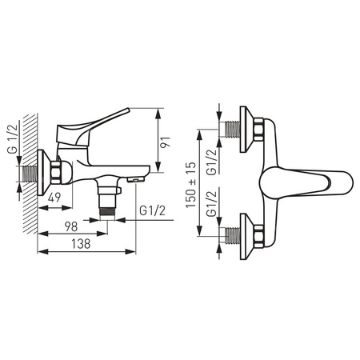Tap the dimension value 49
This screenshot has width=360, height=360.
click(54, 197)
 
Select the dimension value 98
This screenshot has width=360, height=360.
click(71, 227)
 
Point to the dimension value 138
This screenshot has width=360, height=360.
click(81, 244)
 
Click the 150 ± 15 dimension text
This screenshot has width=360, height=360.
click(190, 185)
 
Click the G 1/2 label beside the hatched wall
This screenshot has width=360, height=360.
click(13, 138)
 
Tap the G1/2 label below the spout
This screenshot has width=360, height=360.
click(152, 211)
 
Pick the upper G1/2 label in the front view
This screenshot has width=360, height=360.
click(212, 162)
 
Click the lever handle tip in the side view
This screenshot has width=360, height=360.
click(128, 110)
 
